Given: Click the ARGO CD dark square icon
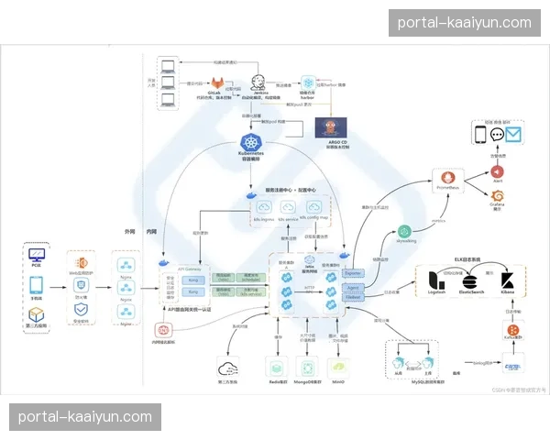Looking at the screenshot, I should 331,128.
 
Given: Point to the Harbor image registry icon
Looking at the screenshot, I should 308,82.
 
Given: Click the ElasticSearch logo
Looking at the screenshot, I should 469,280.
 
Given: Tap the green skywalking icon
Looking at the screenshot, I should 406,233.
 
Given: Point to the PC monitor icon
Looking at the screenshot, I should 37,255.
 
